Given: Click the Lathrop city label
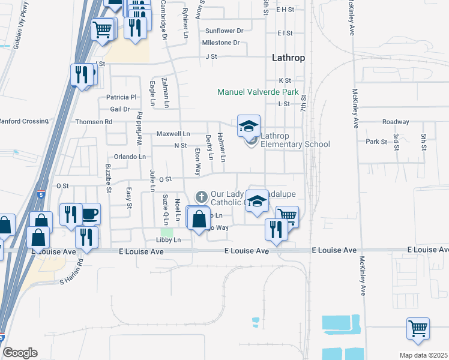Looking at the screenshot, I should coord(288,58).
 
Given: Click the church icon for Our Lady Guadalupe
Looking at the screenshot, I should coord(202,196).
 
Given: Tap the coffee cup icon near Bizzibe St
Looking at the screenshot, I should coord(90,213).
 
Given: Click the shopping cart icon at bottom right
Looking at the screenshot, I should coord(417,328).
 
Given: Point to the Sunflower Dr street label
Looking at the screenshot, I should coord(224,31).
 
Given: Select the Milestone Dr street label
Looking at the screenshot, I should coord(220,43).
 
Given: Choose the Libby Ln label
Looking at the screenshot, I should coord(168,240).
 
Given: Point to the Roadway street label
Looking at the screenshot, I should coord(395,121).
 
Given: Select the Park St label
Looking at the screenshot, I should coord(376,142).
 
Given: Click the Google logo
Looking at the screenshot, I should coord(19,353).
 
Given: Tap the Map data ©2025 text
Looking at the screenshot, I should coord(423,355).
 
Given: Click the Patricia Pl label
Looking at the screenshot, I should coord(122,97).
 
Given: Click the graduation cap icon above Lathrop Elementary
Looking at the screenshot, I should coord(249,125).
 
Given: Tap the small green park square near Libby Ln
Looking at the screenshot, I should coord(166,232).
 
